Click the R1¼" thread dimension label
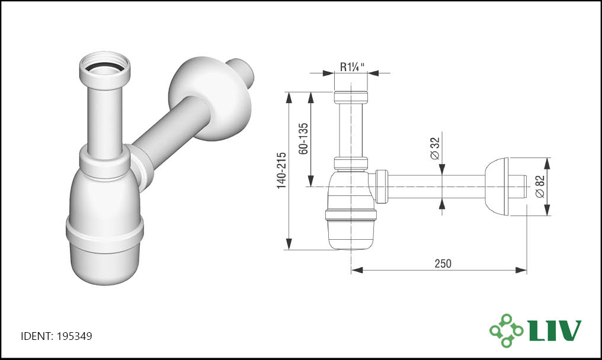(352, 67)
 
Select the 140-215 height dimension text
(281, 171)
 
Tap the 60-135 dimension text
(303, 139)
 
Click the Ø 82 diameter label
(540, 186)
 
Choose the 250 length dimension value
(443, 263)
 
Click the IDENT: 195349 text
(56, 336)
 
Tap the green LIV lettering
(555, 330)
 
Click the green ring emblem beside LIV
(506, 330)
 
